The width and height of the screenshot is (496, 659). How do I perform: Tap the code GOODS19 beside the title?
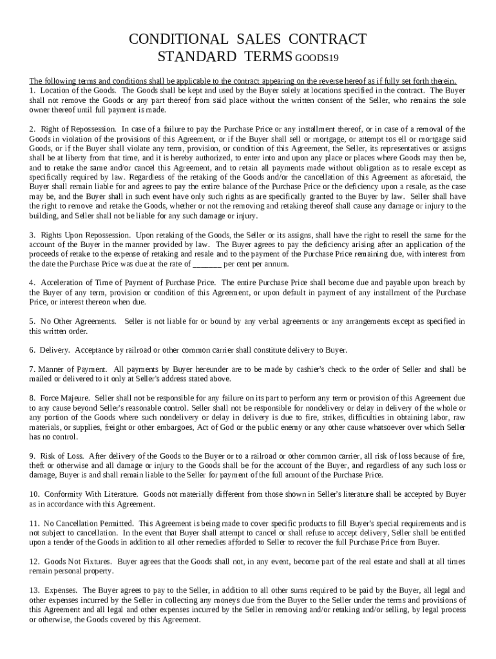point(317,57)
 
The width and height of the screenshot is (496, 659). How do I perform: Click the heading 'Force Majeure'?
point(65,398)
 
